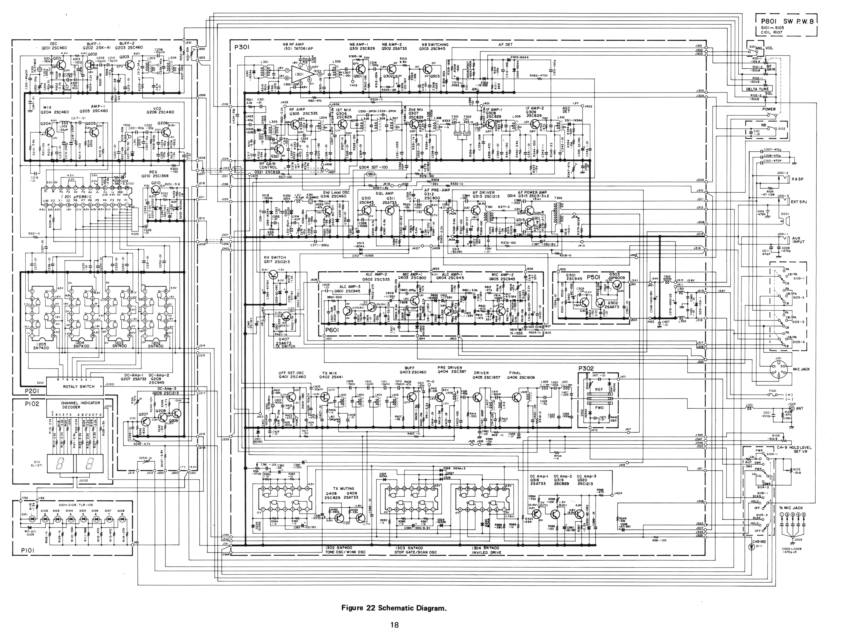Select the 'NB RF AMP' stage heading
[294, 45]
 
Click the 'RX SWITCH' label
[275, 258]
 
